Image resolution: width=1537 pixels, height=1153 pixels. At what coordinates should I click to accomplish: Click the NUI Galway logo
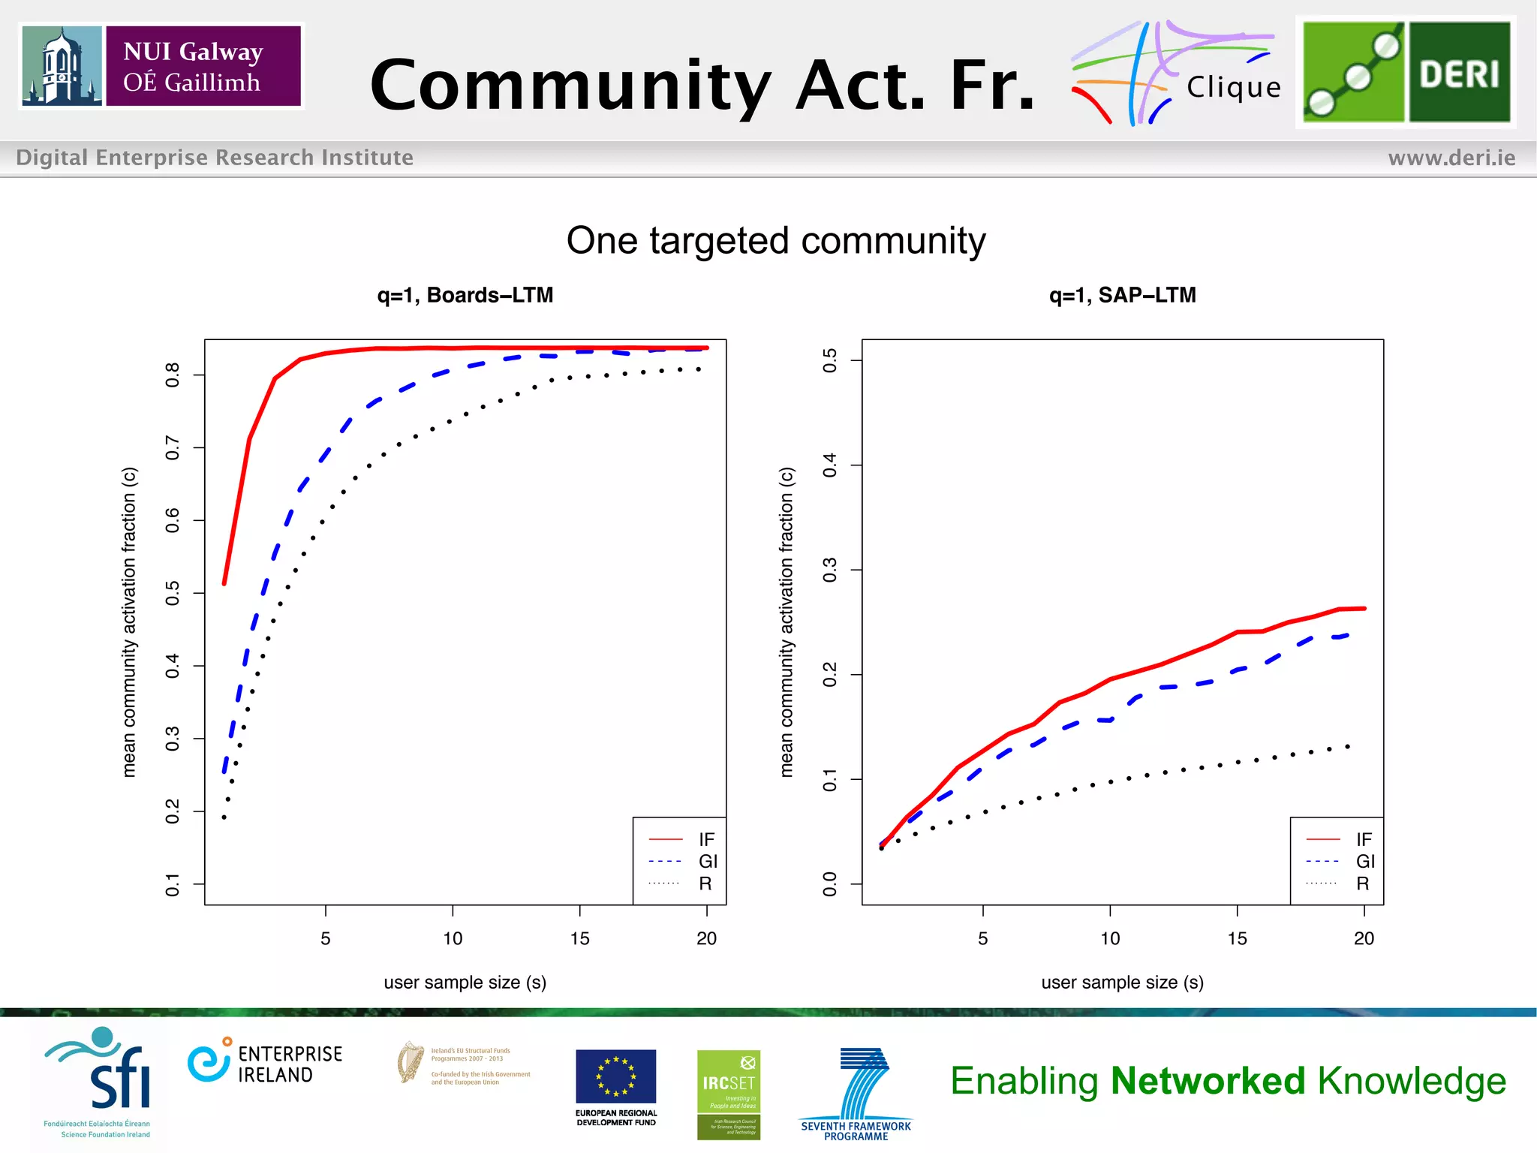click(161, 66)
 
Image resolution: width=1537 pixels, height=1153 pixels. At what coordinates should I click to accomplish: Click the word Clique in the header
click(1234, 88)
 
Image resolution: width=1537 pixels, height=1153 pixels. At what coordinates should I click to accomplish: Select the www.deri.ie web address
click(1451, 158)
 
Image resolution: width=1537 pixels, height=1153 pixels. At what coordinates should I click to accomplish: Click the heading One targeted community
click(775, 241)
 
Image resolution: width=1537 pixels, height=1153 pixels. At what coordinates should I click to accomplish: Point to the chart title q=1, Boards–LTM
click(465, 295)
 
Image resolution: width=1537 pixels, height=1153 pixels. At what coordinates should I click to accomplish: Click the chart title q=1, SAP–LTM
click(1122, 295)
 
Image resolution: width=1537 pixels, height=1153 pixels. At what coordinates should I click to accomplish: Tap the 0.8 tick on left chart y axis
click(173, 374)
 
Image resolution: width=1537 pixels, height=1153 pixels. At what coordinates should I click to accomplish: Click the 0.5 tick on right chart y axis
click(829, 360)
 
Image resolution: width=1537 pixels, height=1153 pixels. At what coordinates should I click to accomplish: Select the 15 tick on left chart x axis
click(579, 938)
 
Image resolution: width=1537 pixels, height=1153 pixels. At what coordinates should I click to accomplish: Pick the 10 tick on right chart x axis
click(1110, 938)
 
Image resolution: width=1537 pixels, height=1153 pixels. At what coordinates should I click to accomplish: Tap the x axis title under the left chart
click(465, 983)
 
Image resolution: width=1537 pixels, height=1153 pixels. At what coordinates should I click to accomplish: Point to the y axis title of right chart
click(786, 622)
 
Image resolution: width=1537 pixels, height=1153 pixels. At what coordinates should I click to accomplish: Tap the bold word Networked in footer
click(1208, 1081)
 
